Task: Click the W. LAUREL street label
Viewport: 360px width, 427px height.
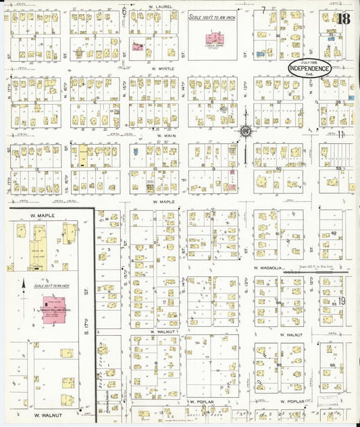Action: click(x=160, y=6)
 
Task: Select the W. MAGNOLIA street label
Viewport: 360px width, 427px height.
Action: click(x=266, y=268)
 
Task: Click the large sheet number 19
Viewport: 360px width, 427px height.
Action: click(x=342, y=301)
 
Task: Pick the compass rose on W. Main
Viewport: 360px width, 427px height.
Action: click(x=246, y=130)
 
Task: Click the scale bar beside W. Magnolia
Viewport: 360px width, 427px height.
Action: click(x=317, y=270)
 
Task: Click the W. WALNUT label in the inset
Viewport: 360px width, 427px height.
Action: click(x=47, y=413)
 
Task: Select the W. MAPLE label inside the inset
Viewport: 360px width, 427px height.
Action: click(x=42, y=216)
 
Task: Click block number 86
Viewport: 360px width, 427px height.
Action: click(x=332, y=365)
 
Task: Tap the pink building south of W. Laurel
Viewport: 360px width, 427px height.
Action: click(x=138, y=48)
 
